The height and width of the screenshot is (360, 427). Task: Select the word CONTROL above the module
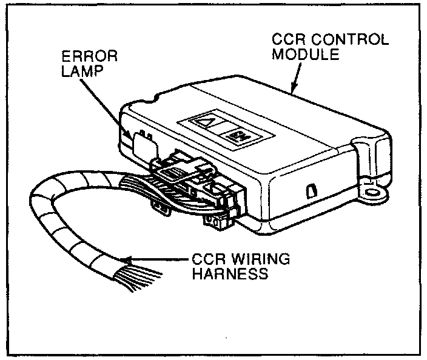pyautogui.click(x=353, y=41)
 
